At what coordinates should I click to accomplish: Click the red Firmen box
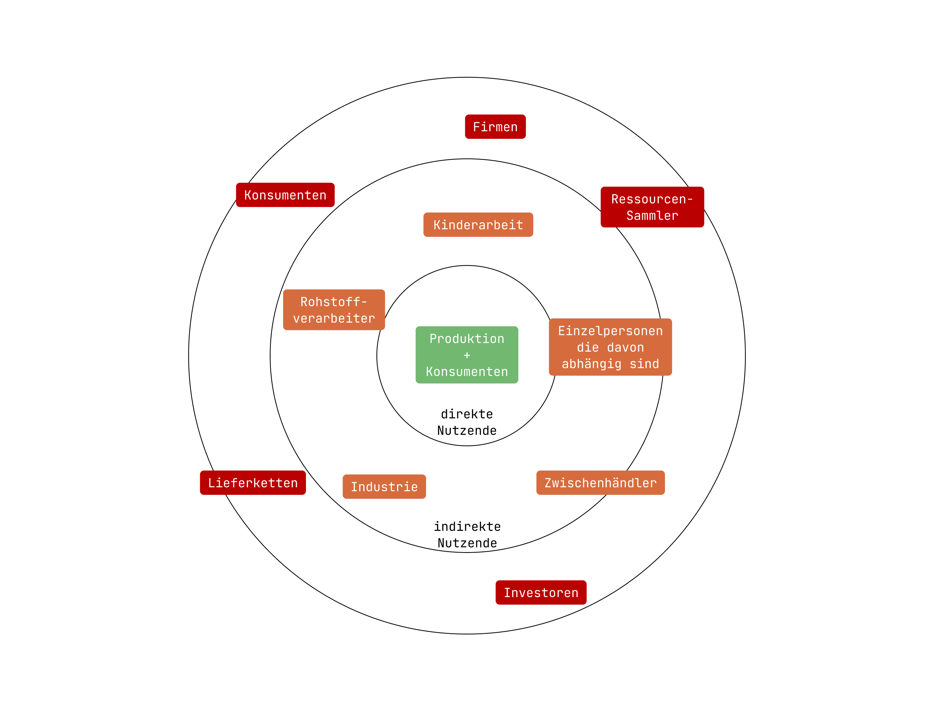(x=495, y=127)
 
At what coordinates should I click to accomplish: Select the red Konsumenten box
(x=285, y=195)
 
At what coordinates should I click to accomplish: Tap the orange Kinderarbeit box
(x=478, y=225)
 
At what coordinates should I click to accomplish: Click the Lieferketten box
(x=253, y=483)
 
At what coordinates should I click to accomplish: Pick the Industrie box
(x=384, y=487)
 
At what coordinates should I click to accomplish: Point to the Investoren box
(x=541, y=592)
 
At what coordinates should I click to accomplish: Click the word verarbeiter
(x=334, y=318)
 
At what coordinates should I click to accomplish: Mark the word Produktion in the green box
(x=467, y=339)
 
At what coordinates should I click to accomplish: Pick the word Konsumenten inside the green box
(x=467, y=372)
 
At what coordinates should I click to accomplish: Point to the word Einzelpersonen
(x=610, y=331)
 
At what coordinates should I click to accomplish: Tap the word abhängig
(x=591, y=364)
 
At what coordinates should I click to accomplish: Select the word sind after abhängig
(x=644, y=364)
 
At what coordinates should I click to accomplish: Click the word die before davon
(x=588, y=347)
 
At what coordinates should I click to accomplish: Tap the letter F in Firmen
(x=476, y=127)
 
